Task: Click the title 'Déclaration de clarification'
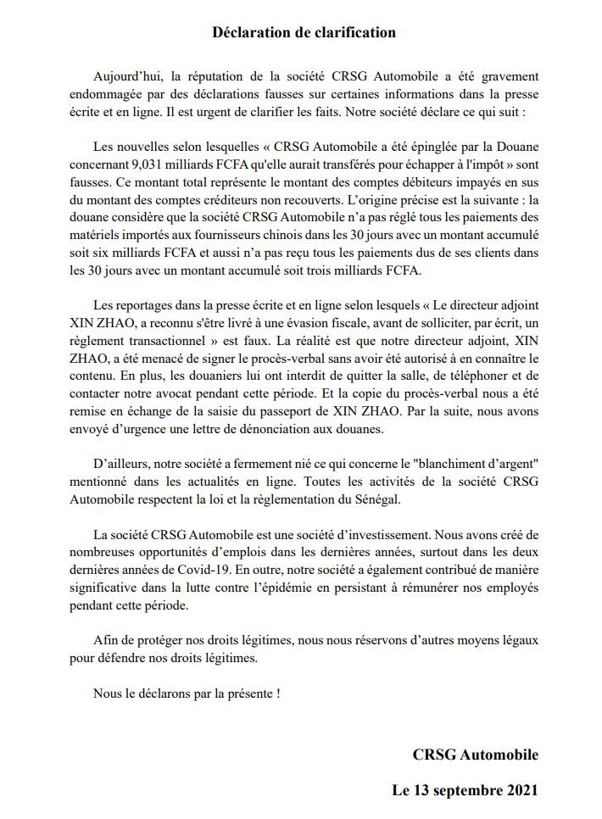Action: click(x=304, y=33)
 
